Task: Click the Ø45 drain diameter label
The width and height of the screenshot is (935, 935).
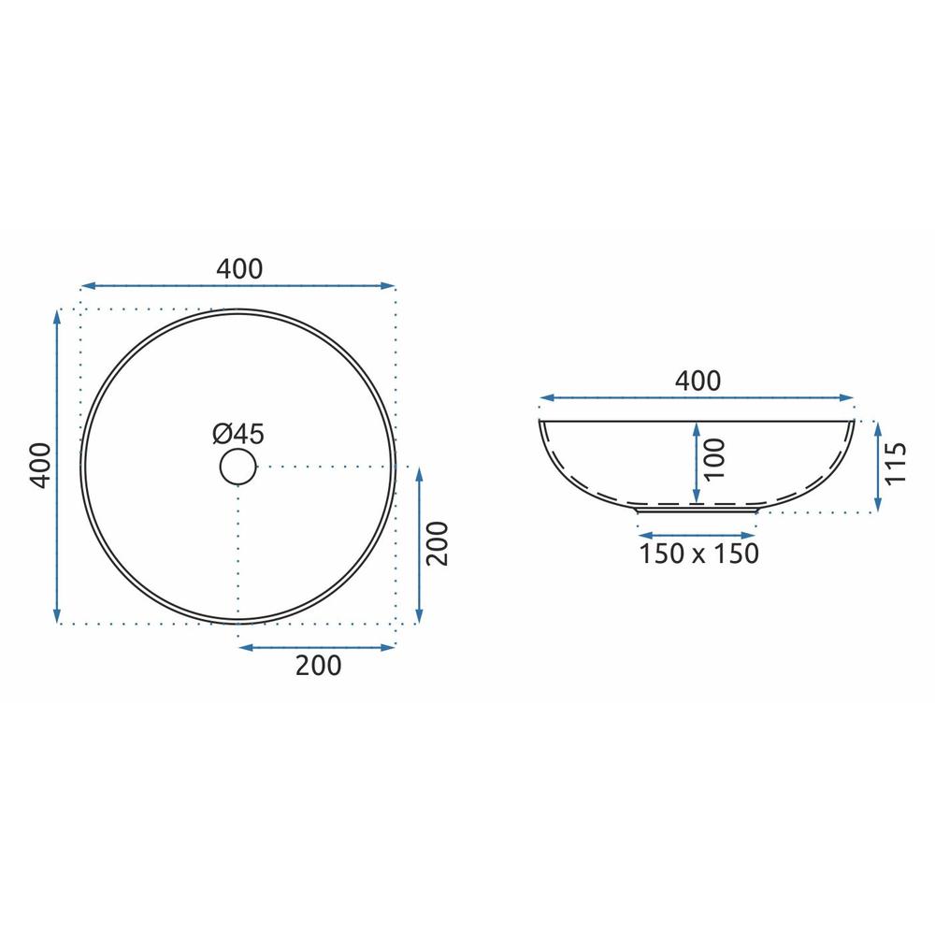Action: tap(237, 434)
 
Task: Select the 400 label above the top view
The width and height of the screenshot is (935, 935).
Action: tap(239, 269)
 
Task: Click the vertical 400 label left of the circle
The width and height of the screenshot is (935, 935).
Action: tap(40, 465)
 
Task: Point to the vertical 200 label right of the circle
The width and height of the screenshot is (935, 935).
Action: tap(437, 543)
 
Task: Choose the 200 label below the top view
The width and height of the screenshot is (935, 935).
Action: tap(319, 666)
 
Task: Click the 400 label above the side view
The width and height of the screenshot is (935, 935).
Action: tap(698, 381)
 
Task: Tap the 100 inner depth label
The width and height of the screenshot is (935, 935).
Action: tap(714, 458)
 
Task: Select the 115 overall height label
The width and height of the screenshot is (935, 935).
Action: tap(896, 463)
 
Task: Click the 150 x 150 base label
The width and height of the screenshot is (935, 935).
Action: tap(698, 554)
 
